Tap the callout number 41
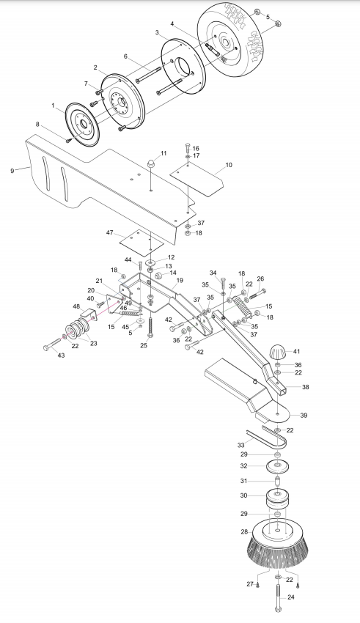296,352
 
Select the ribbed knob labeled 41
278,353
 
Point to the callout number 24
291,597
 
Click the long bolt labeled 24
277,599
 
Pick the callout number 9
12,171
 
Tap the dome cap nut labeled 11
153,164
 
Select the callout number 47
110,233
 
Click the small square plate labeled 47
142,241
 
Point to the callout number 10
229,165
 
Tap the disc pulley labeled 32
277,466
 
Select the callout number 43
61,355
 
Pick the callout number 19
180,281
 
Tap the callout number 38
305,387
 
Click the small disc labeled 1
82,124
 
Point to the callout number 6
125,56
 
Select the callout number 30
243,495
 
